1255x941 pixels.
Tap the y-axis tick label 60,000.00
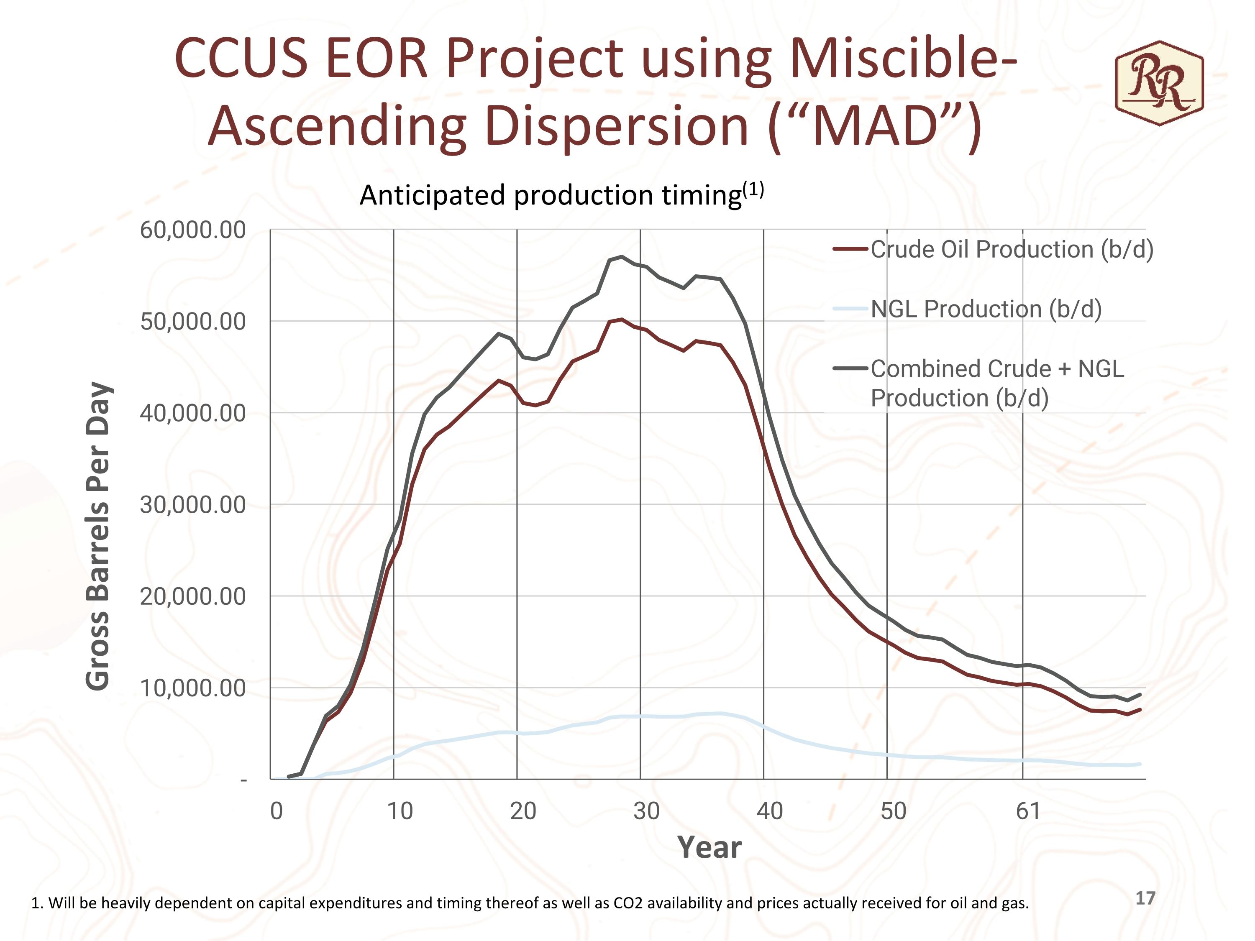(x=193, y=230)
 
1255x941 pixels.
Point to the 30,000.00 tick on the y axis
(x=193, y=505)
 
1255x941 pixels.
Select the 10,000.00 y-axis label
(x=193, y=688)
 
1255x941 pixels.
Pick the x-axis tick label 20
(x=522, y=811)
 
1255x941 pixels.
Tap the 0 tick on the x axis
(x=276, y=811)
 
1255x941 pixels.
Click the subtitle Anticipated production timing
(x=551, y=196)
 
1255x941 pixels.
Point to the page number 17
(x=1145, y=898)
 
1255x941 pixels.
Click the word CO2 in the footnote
(x=628, y=903)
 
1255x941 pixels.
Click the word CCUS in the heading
(x=241, y=59)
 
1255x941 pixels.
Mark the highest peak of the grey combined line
(x=622, y=257)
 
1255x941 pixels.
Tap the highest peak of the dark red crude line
(x=622, y=320)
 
